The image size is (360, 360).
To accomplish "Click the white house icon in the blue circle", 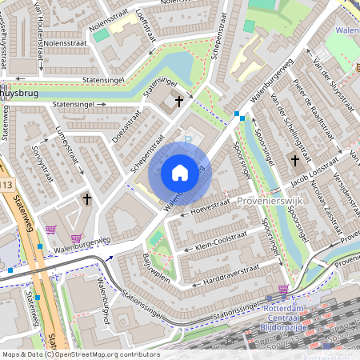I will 180,173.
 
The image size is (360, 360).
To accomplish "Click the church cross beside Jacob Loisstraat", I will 294,161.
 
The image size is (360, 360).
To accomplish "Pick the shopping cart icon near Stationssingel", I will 283,290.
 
